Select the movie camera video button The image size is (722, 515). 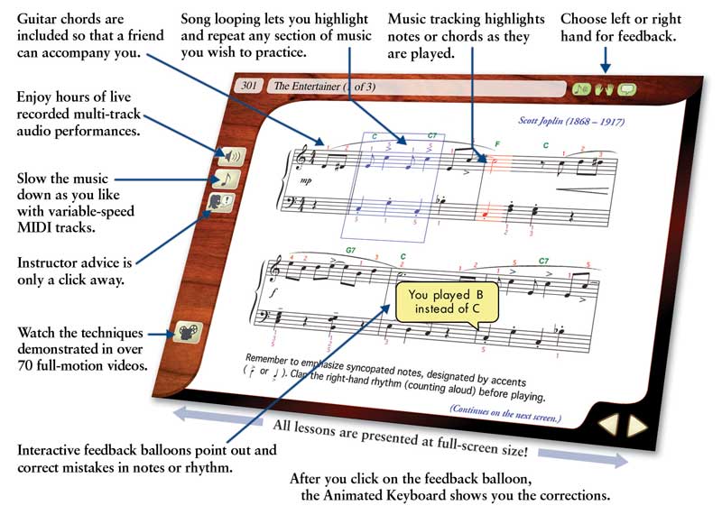(x=190, y=332)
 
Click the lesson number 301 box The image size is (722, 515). (x=249, y=86)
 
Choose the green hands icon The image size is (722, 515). (x=603, y=89)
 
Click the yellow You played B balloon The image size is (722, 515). (x=439, y=301)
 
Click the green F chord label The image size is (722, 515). (x=497, y=143)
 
